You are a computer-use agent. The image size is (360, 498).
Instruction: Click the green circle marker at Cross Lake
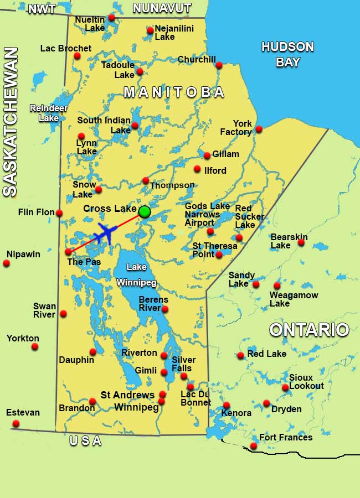pyautogui.click(x=145, y=211)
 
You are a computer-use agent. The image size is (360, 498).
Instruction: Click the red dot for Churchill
pyautogui.click(x=219, y=65)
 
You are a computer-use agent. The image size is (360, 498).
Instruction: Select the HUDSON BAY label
pyautogui.click(x=287, y=54)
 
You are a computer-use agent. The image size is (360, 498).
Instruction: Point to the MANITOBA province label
pyautogui.click(x=174, y=92)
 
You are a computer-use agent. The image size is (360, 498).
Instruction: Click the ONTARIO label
pyautogui.click(x=309, y=330)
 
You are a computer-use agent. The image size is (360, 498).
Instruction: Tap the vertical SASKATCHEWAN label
pyautogui.click(x=11, y=122)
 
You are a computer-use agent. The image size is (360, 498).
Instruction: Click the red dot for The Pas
pyautogui.click(x=68, y=251)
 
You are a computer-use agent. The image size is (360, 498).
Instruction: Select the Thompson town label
pyautogui.click(x=172, y=185)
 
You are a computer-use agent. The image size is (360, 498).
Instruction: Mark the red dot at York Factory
pyautogui.click(x=259, y=129)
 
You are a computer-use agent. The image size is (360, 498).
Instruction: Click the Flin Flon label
pyautogui.click(x=36, y=212)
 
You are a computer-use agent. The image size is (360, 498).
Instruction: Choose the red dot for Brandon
pyautogui.click(x=92, y=401)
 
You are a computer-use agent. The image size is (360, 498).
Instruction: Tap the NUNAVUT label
pyautogui.click(x=162, y=8)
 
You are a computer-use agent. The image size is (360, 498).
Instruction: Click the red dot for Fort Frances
pyautogui.click(x=254, y=445)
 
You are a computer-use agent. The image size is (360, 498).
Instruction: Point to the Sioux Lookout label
pyautogui.click(x=306, y=382)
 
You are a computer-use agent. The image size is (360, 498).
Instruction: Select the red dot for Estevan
pyautogui.click(x=16, y=423)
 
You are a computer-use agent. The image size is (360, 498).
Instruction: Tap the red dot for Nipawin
pyautogui.click(x=7, y=263)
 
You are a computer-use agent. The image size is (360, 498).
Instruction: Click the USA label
pyautogui.click(x=85, y=441)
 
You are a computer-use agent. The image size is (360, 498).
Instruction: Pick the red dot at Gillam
pyautogui.click(x=207, y=155)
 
